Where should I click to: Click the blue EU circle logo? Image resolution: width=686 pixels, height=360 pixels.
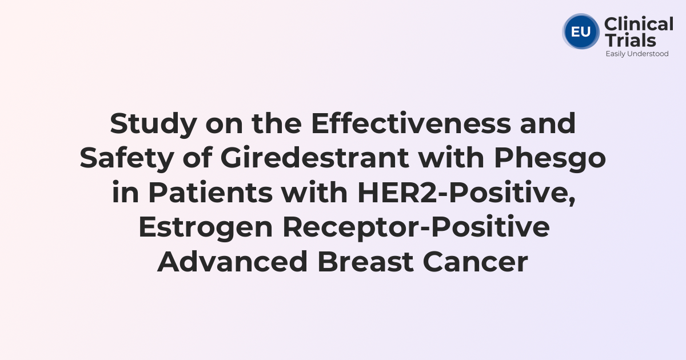click(x=580, y=31)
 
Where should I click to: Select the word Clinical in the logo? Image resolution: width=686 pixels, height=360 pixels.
click(x=639, y=25)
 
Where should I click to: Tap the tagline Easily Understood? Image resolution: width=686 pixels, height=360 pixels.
click(x=637, y=54)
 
